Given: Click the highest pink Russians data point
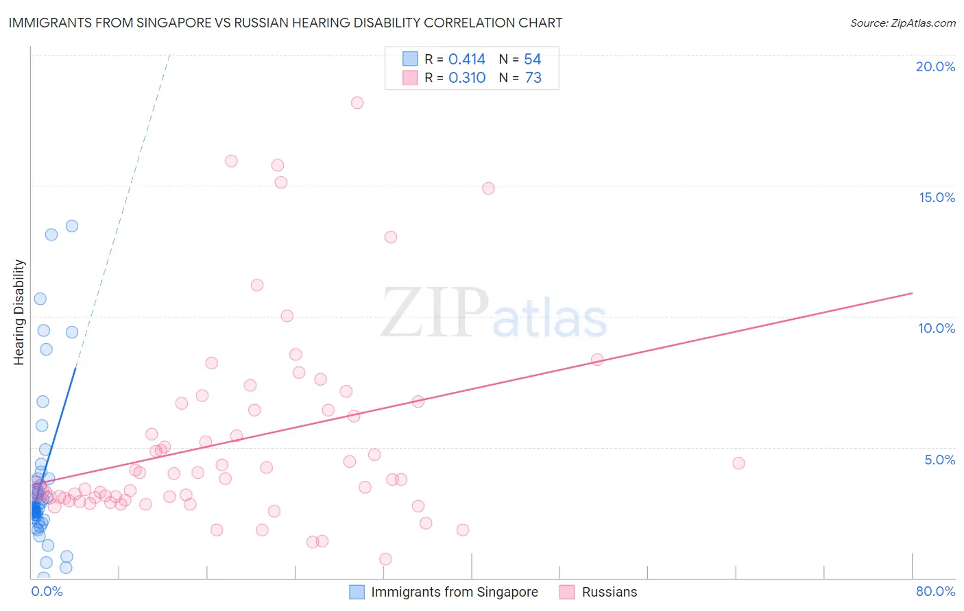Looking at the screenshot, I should (357, 103).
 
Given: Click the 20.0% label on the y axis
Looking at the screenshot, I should (935, 66).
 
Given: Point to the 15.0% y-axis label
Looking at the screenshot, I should (937, 197).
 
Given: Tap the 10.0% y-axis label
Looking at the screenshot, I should (937, 328).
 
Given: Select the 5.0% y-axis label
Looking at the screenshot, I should (939, 460).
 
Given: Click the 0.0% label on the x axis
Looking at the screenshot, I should (47, 591).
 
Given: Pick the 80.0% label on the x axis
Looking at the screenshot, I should (935, 591).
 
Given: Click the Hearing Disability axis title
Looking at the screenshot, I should (19, 312).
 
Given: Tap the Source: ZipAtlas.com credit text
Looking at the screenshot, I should (902, 23).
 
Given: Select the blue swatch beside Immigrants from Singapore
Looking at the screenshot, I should (357, 592).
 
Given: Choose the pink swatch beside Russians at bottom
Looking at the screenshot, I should (566, 592).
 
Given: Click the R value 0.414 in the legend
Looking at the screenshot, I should (467, 60).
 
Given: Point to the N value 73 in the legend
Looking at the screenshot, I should (533, 78).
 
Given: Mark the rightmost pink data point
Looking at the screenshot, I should (738, 463).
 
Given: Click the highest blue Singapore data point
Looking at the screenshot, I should (72, 226).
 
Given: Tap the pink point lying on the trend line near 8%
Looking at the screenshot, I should (597, 360).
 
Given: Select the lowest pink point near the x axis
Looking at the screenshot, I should (385, 559).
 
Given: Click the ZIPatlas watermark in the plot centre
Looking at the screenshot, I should (494, 314).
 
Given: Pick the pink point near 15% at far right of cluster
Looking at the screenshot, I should (488, 188).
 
